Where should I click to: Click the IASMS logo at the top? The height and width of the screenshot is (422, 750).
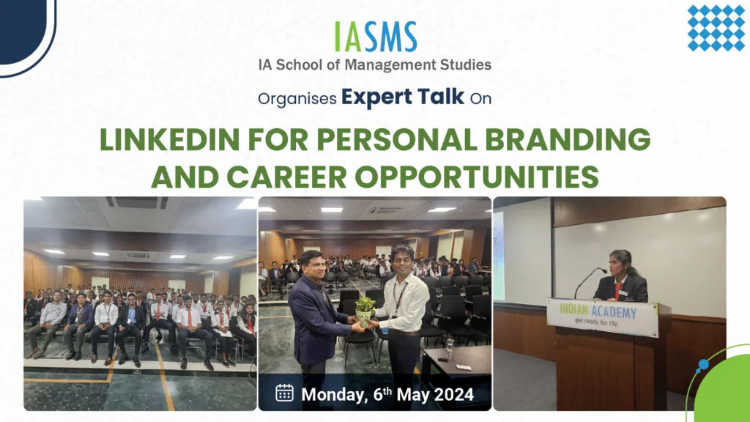[x=376, y=37]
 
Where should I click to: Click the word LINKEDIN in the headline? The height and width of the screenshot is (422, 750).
[x=169, y=140]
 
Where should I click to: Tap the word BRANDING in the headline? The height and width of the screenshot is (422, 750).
[x=568, y=140]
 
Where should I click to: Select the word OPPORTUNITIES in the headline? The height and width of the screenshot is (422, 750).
[x=476, y=177]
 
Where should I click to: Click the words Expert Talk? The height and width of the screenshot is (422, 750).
[x=403, y=97]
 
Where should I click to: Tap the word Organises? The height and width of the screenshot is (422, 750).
[x=297, y=99]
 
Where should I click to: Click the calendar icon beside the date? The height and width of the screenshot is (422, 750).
[x=285, y=393]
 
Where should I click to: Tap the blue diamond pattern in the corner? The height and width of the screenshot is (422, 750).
[x=716, y=28]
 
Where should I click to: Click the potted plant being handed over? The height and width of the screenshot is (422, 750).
[x=365, y=310]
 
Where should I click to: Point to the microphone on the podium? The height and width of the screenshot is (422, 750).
[x=590, y=282]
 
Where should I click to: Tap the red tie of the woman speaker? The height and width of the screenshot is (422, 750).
[x=617, y=290]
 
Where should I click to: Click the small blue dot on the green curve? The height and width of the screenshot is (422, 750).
[x=703, y=365]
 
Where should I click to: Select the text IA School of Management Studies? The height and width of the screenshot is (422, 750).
[x=374, y=64]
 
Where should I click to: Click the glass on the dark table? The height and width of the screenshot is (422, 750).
[x=450, y=347]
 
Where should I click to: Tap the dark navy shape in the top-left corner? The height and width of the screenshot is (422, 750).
[x=24, y=29]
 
